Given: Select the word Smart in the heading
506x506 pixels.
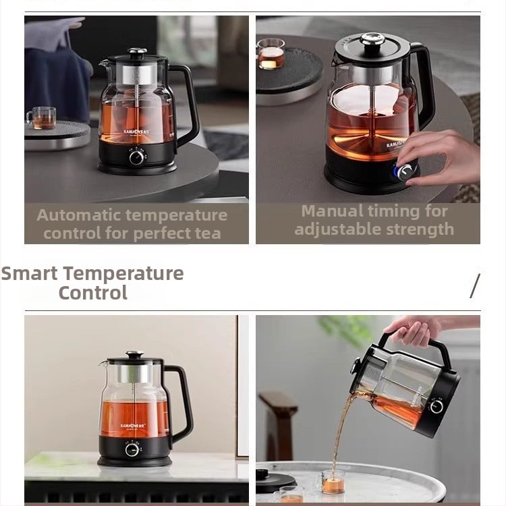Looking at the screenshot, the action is click(x=30, y=273).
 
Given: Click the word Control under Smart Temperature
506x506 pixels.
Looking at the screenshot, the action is click(x=93, y=293).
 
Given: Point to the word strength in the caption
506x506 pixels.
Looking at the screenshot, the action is click(x=420, y=230).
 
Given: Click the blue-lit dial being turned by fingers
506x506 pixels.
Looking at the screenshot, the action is click(x=405, y=172).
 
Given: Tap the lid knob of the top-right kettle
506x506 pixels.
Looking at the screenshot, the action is click(x=372, y=39).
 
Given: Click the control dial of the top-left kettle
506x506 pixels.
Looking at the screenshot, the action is click(x=137, y=157).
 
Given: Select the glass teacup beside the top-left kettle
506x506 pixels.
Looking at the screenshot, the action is click(x=42, y=118).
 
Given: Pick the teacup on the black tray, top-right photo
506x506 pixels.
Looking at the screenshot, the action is click(x=271, y=53).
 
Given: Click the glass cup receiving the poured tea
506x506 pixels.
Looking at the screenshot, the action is click(x=333, y=482).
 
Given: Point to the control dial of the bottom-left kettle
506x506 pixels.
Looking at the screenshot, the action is click(x=132, y=449).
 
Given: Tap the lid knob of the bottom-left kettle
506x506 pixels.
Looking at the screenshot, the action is click(x=135, y=354).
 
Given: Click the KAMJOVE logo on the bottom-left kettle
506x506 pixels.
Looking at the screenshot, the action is click(x=133, y=426).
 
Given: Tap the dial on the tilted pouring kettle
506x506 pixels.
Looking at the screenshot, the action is click(x=436, y=406).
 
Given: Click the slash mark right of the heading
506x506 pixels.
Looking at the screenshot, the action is click(x=475, y=286).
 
